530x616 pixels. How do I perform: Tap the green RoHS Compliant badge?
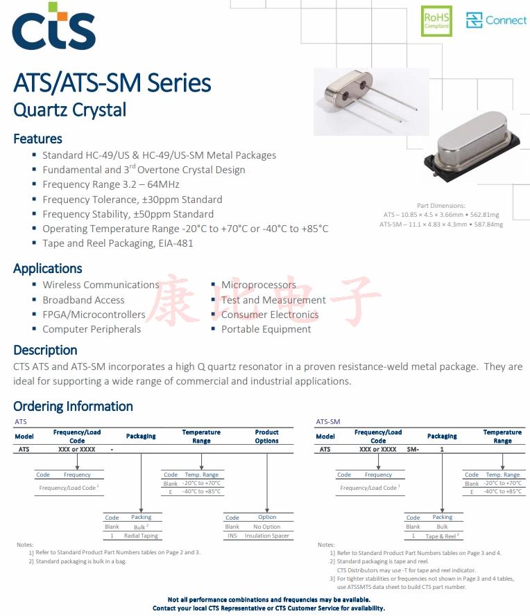coord(436,21)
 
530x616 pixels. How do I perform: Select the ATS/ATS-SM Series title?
coord(112,83)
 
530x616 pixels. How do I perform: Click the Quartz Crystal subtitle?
coord(69,109)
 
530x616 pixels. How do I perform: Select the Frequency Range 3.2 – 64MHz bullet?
coord(110,184)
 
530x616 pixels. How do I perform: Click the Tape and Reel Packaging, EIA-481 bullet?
coord(117,243)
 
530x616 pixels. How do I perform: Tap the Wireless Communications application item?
coord(100,285)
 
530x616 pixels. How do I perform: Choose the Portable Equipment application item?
coord(266,329)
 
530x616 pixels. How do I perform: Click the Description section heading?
coord(45,350)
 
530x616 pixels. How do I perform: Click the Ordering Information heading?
coord(73,406)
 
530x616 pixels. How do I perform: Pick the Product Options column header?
coord(266,436)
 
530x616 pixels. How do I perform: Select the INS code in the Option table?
coord(232,536)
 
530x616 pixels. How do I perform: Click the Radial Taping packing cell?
coord(141,536)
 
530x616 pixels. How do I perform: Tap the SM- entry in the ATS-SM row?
coord(413,449)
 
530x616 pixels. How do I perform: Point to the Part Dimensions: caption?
coord(441,206)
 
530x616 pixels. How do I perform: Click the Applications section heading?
coord(47,268)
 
